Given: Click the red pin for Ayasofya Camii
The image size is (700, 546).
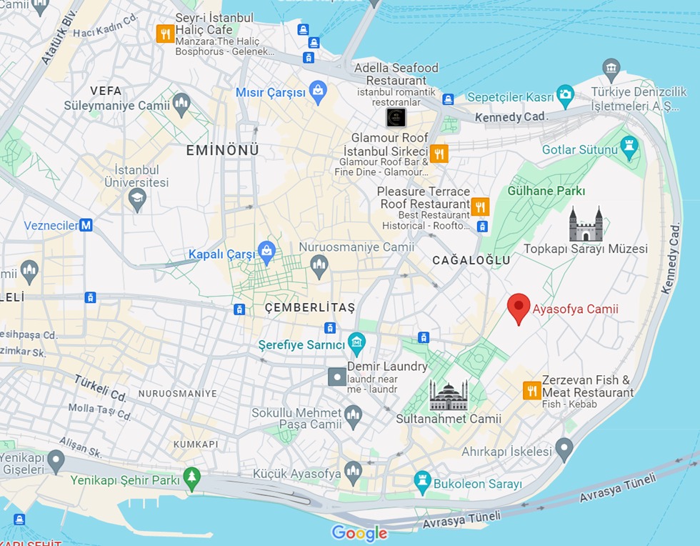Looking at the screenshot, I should click(519, 307).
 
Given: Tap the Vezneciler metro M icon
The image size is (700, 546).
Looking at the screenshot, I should click(86, 225).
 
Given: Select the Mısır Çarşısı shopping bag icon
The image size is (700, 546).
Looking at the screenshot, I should click(318, 92).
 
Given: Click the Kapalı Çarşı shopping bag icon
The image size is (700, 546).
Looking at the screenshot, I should click(267, 251).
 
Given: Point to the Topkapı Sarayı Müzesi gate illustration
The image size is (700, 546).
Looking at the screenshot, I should click(586, 224).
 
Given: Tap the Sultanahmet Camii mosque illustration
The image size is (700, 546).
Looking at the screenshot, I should click(449, 396).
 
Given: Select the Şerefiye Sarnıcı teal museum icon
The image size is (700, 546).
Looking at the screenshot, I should click(356, 344).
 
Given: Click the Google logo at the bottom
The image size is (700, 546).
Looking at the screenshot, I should click(359, 533).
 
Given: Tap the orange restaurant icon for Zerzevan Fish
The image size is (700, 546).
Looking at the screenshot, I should click(531, 390).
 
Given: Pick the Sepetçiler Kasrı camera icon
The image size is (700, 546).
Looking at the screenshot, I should click(565, 95).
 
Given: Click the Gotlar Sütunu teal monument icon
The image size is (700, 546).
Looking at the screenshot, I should click(629, 147).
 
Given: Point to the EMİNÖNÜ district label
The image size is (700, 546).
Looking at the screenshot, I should click(222, 150).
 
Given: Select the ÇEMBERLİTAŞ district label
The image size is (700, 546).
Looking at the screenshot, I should click(309, 307).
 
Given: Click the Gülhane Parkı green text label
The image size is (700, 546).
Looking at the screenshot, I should click(546, 191).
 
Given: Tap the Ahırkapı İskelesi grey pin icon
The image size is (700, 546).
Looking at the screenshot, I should click(564, 450).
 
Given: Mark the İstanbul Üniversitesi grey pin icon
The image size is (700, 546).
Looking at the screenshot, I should click(137, 199).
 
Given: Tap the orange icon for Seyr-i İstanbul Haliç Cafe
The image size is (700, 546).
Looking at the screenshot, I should click(165, 34).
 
